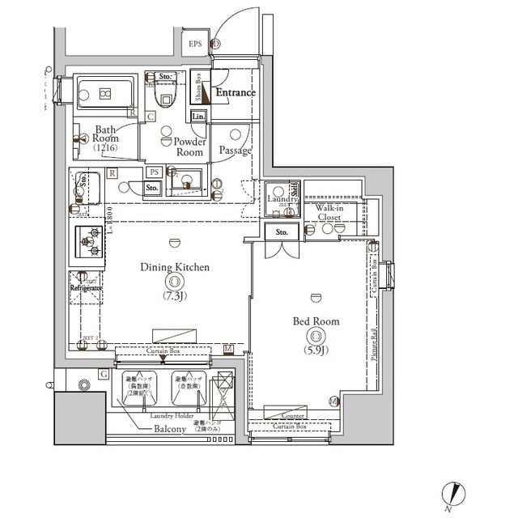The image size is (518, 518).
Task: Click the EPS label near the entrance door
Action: tap(196, 44)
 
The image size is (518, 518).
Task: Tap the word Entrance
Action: tap(235, 93)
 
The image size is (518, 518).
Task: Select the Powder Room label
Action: tap(188, 146)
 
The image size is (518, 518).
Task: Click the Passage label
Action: tap(235, 151)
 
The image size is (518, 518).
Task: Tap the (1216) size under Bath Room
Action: tap(104, 148)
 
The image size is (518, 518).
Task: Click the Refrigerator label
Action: tap(86, 287)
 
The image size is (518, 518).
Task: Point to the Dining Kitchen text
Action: tap(175, 266)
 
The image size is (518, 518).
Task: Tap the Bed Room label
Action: tap(315, 321)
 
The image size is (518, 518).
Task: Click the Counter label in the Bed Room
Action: tap(293, 416)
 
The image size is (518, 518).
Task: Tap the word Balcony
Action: tap(171, 428)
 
